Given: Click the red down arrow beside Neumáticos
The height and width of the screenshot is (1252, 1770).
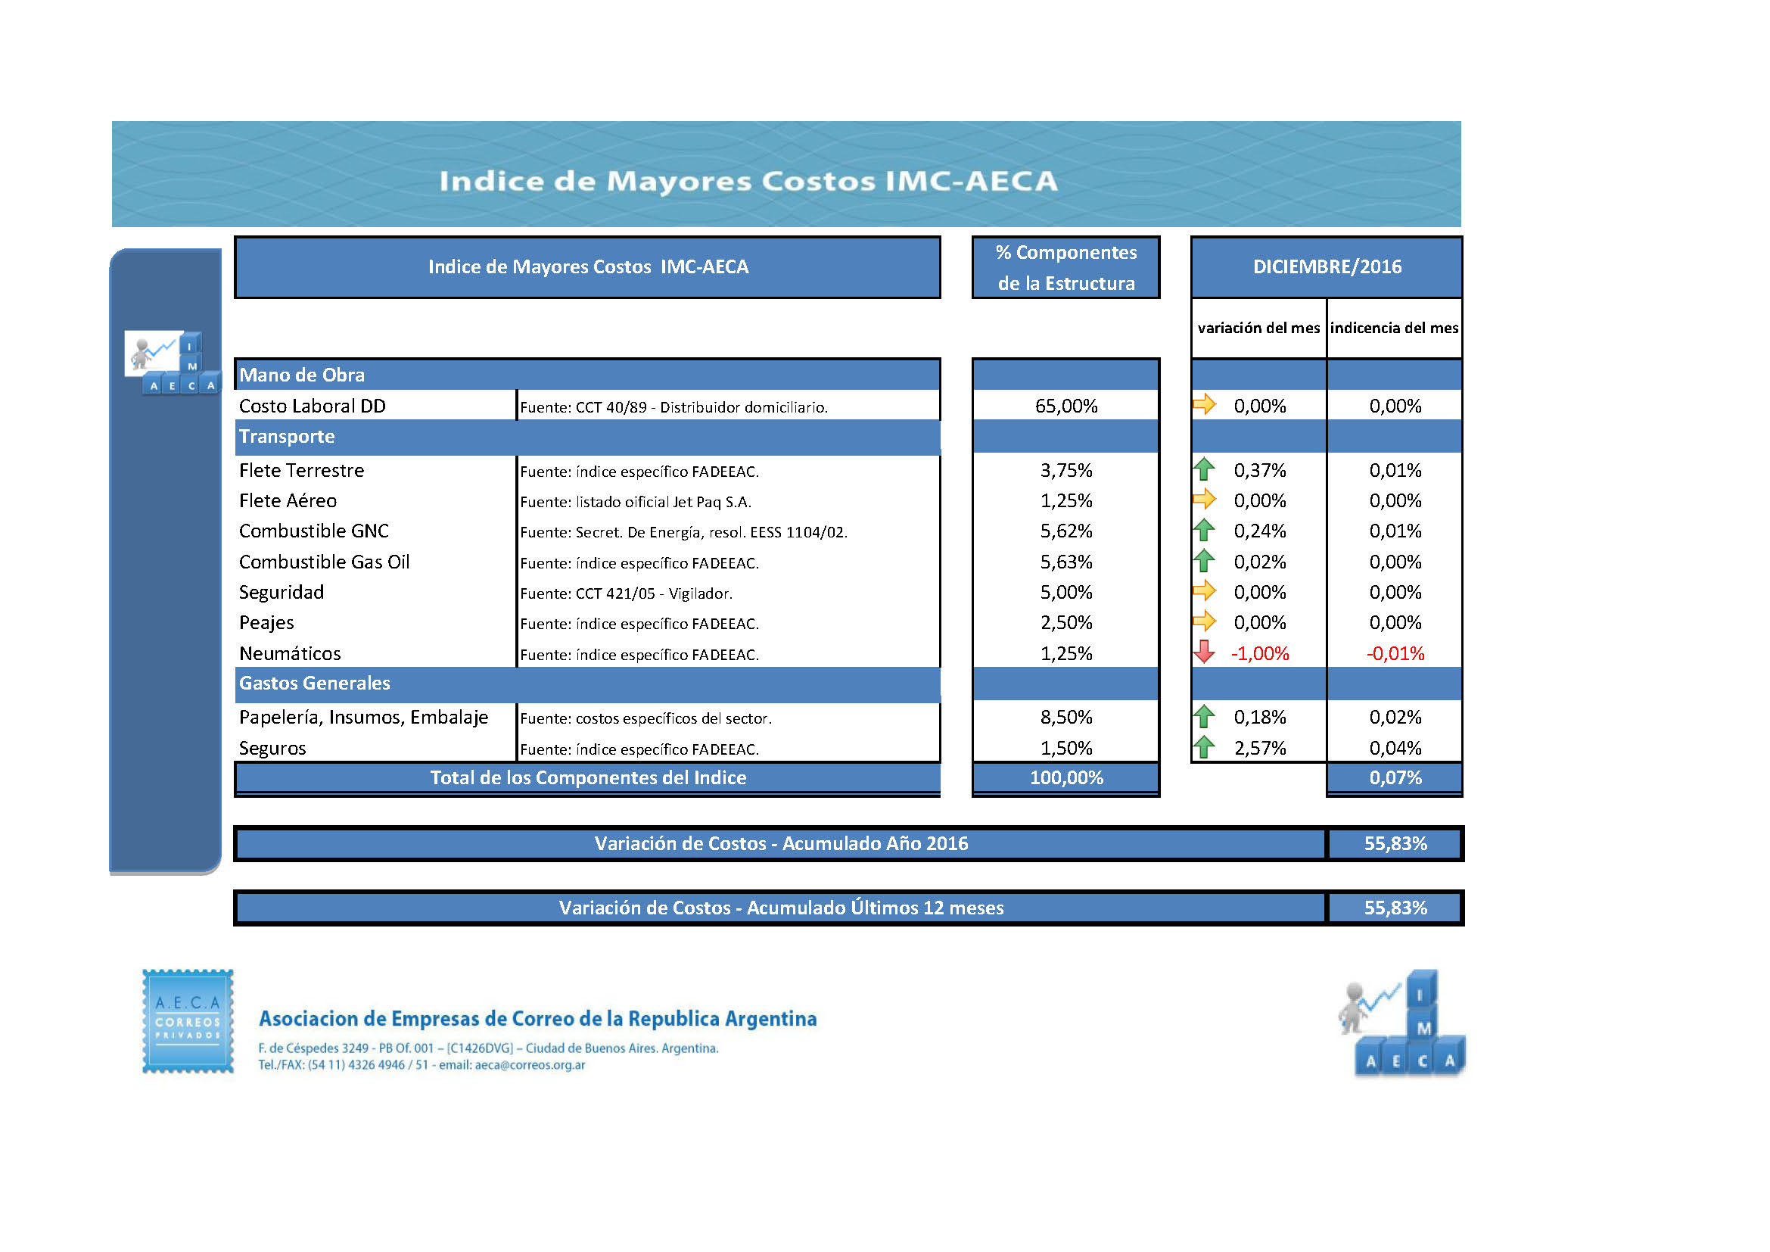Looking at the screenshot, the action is (x=1203, y=652).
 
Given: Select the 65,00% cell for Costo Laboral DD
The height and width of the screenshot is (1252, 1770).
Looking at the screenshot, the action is (x=1066, y=406).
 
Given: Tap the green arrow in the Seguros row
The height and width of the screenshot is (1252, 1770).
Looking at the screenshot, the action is (x=1203, y=747).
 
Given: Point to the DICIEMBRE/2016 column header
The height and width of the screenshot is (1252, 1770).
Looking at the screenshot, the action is (x=1327, y=266).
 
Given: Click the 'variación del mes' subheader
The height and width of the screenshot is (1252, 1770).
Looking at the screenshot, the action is (x=1258, y=328).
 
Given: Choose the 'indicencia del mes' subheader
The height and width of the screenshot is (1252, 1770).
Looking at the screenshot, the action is (x=1394, y=328).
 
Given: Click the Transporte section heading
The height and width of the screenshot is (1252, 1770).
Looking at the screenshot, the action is (x=287, y=436).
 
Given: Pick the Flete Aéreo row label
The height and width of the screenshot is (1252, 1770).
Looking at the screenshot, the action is (x=288, y=500).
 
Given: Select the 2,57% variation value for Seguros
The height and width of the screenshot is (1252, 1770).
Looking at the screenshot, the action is (x=1260, y=748).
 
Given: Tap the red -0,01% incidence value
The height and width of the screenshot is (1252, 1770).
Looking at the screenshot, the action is (x=1395, y=653).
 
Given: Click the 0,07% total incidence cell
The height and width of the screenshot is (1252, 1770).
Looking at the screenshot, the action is (x=1395, y=777).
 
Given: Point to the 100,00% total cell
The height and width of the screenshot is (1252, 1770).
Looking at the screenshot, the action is (x=1066, y=777).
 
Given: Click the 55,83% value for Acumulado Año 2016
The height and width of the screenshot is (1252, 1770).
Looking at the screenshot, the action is (x=1395, y=843).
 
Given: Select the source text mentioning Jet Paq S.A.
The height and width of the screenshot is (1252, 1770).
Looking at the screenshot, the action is (x=636, y=502).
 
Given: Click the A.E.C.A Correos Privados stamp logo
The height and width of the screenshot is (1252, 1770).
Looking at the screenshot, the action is (x=188, y=1020).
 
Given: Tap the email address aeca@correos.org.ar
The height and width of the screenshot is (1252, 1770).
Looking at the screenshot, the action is (x=530, y=1065).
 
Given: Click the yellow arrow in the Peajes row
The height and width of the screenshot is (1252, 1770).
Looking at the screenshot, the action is (x=1203, y=621).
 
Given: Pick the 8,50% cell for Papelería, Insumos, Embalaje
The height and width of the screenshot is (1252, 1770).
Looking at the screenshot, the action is (x=1066, y=717).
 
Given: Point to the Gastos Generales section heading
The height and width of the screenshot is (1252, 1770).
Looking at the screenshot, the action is (x=315, y=683).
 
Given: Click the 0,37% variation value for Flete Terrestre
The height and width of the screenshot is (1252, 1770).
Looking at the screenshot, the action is (x=1260, y=470).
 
